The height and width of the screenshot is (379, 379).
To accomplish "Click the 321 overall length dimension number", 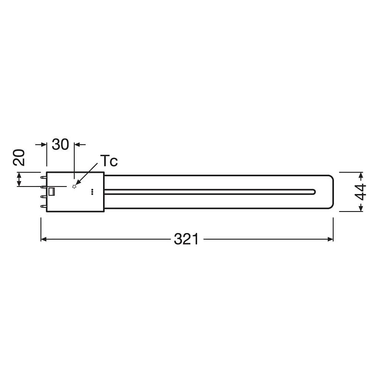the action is click(x=186, y=239).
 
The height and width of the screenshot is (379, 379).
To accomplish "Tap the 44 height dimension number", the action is click(x=360, y=192).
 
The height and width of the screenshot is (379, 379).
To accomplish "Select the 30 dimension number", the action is click(x=60, y=144).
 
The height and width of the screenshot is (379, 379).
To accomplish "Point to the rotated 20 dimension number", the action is click(x=19, y=158).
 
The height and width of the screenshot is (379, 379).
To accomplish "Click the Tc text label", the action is click(x=109, y=161).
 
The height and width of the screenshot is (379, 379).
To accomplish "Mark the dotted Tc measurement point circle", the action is click(x=74, y=186).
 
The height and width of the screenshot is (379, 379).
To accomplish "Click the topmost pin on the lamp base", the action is click(x=44, y=177).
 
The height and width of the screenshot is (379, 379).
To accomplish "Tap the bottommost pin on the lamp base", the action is click(x=44, y=207).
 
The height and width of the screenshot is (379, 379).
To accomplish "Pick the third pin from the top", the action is click(x=44, y=197).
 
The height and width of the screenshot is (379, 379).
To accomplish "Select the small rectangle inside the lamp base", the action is click(x=52, y=191).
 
